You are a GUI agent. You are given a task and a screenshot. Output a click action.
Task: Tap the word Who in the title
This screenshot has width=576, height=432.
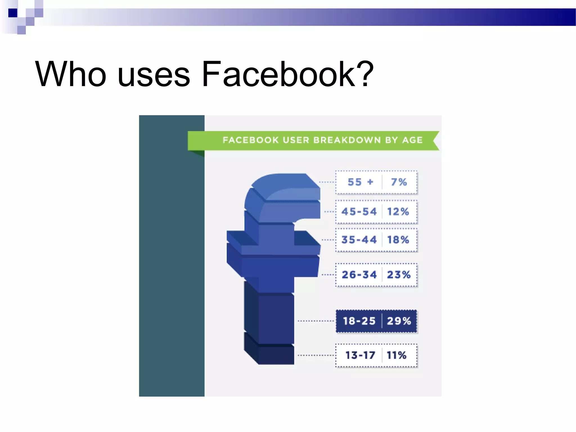pyautogui.click(x=71, y=74)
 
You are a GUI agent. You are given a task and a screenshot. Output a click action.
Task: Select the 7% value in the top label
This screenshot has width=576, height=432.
pyautogui.click(x=399, y=182)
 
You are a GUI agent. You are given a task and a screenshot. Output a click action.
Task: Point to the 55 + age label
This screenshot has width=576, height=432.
pyautogui.click(x=360, y=182)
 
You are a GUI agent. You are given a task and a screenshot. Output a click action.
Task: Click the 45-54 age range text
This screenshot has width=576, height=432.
pyautogui.click(x=359, y=211)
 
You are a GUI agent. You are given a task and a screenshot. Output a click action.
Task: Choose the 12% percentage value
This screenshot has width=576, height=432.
pyautogui.click(x=398, y=211)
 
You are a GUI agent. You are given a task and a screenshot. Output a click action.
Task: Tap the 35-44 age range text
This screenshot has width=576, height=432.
pyautogui.click(x=359, y=240)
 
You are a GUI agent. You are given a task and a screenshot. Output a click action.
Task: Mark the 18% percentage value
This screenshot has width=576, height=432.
pyautogui.click(x=398, y=240)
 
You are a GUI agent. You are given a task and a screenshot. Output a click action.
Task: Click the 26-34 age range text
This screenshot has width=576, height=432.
pyautogui.click(x=359, y=274)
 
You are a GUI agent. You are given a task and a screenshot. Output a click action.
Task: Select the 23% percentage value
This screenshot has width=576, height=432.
pyautogui.click(x=399, y=274)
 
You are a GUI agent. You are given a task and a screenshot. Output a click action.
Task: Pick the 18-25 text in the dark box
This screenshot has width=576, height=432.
pyautogui.click(x=359, y=321)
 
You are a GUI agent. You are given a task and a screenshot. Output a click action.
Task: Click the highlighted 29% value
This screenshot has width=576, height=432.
pyautogui.click(x=399, y=321)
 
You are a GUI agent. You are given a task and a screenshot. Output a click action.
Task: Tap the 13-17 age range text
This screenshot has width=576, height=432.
pyautogui.click(x=360, y=355)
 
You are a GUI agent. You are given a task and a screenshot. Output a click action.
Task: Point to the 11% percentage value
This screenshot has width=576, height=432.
pyautogui.click(x=397, y=355)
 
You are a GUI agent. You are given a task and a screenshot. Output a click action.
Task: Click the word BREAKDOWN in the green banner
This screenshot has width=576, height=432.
pyautogui.click(x=347, y=140)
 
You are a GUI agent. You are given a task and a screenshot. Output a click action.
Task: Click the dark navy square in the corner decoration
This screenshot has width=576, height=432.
pyautogui.click(x=13, y=13)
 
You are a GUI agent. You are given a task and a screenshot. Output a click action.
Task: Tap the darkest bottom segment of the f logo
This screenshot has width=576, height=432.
pyautogui.click(x=276, y=355)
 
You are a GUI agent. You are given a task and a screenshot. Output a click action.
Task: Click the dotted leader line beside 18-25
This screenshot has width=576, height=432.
pyautogui.click(x=316, y=321)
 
